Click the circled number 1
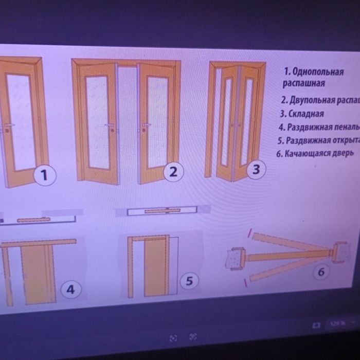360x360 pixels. (45, 175)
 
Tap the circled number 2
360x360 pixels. (174, 172)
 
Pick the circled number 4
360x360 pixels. (71, 290)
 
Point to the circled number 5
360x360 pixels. (189, 281)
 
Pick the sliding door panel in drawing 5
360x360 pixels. (155, 267)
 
